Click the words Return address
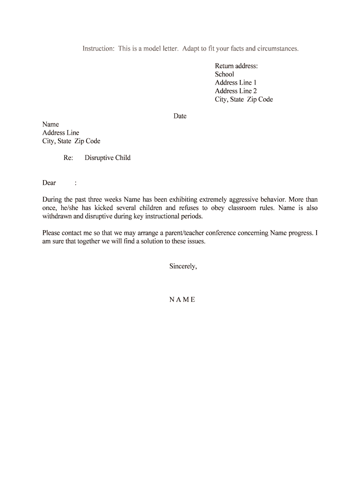[236, 66]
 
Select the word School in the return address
[224, 74]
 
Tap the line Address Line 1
[236, 83]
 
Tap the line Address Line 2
[236, 91]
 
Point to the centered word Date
[180, 116]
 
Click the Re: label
[68, 158]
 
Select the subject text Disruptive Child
[108, 158]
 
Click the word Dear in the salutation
[49, 183]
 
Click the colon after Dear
[75, 183]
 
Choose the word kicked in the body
[102, 208]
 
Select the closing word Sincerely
[183, 267]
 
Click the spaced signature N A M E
[182, 300]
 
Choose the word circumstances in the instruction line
[277, 49]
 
